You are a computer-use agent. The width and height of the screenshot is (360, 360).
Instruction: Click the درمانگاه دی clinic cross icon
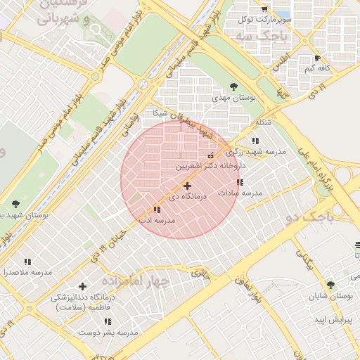(187, 186)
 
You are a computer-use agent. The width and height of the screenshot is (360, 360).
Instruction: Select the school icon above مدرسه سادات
(240, 182)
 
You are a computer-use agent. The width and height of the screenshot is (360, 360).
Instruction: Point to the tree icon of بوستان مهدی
(233, 87)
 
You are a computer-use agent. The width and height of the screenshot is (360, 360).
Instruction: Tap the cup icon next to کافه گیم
(318, 58)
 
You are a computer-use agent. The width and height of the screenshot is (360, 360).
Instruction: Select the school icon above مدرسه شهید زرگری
(255, 141)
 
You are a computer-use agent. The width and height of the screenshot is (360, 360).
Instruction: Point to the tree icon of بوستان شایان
(330, 285)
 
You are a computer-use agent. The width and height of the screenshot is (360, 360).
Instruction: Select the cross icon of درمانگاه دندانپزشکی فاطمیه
(83, 286)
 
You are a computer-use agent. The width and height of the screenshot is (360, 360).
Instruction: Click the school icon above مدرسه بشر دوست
(108, 321)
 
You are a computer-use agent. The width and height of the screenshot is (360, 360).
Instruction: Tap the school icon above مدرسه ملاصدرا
(27, 262)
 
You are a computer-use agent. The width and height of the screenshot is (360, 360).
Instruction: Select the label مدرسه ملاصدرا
(27, 271)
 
